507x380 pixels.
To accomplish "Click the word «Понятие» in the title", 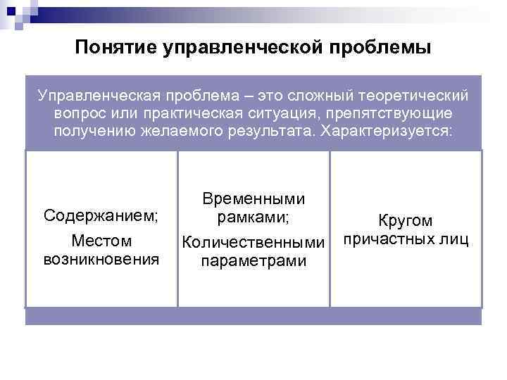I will [x=114, y=48].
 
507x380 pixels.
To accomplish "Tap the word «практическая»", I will [x=182, y=113].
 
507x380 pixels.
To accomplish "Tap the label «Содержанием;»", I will [x=101, y=215].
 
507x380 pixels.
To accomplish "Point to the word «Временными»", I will [x=254, y=200].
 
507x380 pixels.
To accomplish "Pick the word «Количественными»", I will [x=254, y=243].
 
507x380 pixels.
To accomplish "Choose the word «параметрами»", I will [x=254, y=261].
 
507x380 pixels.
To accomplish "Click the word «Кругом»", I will [x=406, y=221].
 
